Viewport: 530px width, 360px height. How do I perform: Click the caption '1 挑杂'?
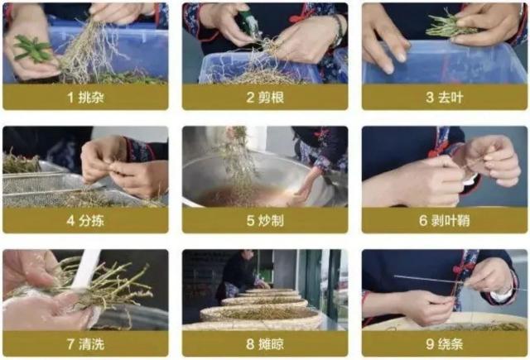click(85, 98)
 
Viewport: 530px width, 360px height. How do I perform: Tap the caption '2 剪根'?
click(265, 98)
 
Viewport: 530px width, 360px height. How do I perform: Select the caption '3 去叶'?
click(445, 98)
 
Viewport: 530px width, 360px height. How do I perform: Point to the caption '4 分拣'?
click(85, 220)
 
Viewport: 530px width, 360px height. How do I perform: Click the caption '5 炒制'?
click(265, 220)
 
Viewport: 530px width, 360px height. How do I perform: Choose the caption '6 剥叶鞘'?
click(445, 220)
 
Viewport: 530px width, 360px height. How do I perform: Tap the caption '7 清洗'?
click(85, 344)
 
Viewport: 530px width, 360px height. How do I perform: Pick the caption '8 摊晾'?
click(265, 344)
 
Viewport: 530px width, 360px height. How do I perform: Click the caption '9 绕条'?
click(445, 344)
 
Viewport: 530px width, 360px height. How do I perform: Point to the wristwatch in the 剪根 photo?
click(338, 31)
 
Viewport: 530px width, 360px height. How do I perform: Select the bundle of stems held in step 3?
click(449, 26)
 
